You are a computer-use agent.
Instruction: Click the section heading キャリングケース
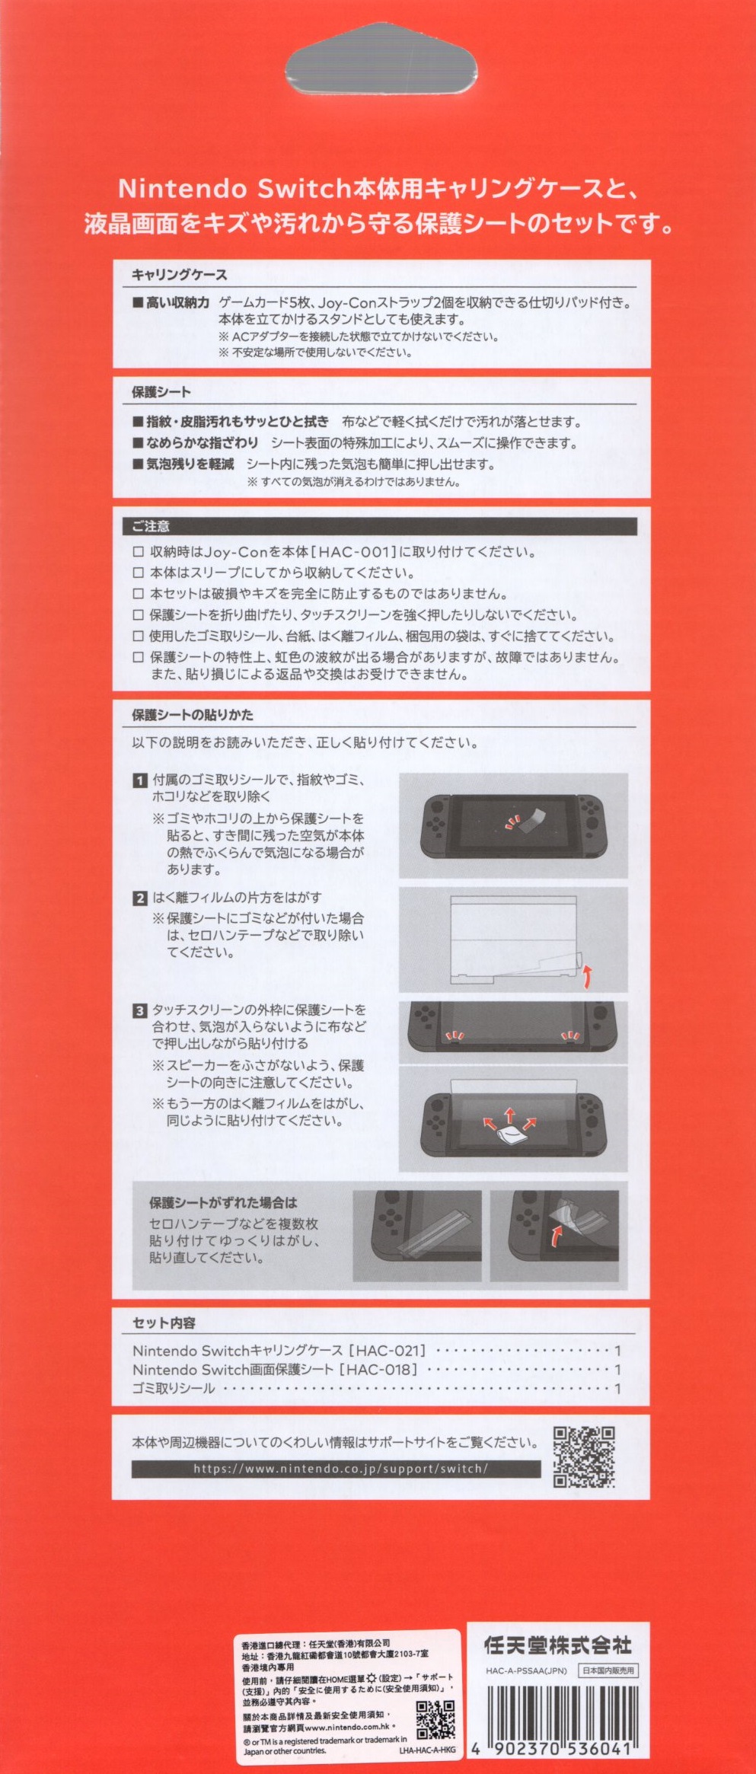tap(179, 275)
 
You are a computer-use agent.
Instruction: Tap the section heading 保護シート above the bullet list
tap(161, 392)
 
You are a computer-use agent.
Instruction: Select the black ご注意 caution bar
tap(380, 526)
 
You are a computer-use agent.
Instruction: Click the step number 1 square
tap(139, 780)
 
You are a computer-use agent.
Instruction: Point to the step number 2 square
tap(139, 898)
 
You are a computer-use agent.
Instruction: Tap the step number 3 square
tap(139, 1011)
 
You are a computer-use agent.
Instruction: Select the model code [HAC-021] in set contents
tap(387, 1351)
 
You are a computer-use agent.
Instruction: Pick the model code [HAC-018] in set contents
tap(378, 1369)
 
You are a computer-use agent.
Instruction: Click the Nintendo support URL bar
tap(336, 1469)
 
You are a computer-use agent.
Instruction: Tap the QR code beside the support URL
tap(584, 1457)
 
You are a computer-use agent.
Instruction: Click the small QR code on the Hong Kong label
tap(435, 1719)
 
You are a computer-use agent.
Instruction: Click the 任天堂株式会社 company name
tap(558, 1646)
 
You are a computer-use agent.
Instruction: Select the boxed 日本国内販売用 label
tap(608, 1670)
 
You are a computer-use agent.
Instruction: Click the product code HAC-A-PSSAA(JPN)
tap(526, 1671)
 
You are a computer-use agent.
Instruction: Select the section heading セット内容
tap(164, 1323)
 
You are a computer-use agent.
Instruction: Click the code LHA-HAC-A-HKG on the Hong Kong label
tap(427, 1750)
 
